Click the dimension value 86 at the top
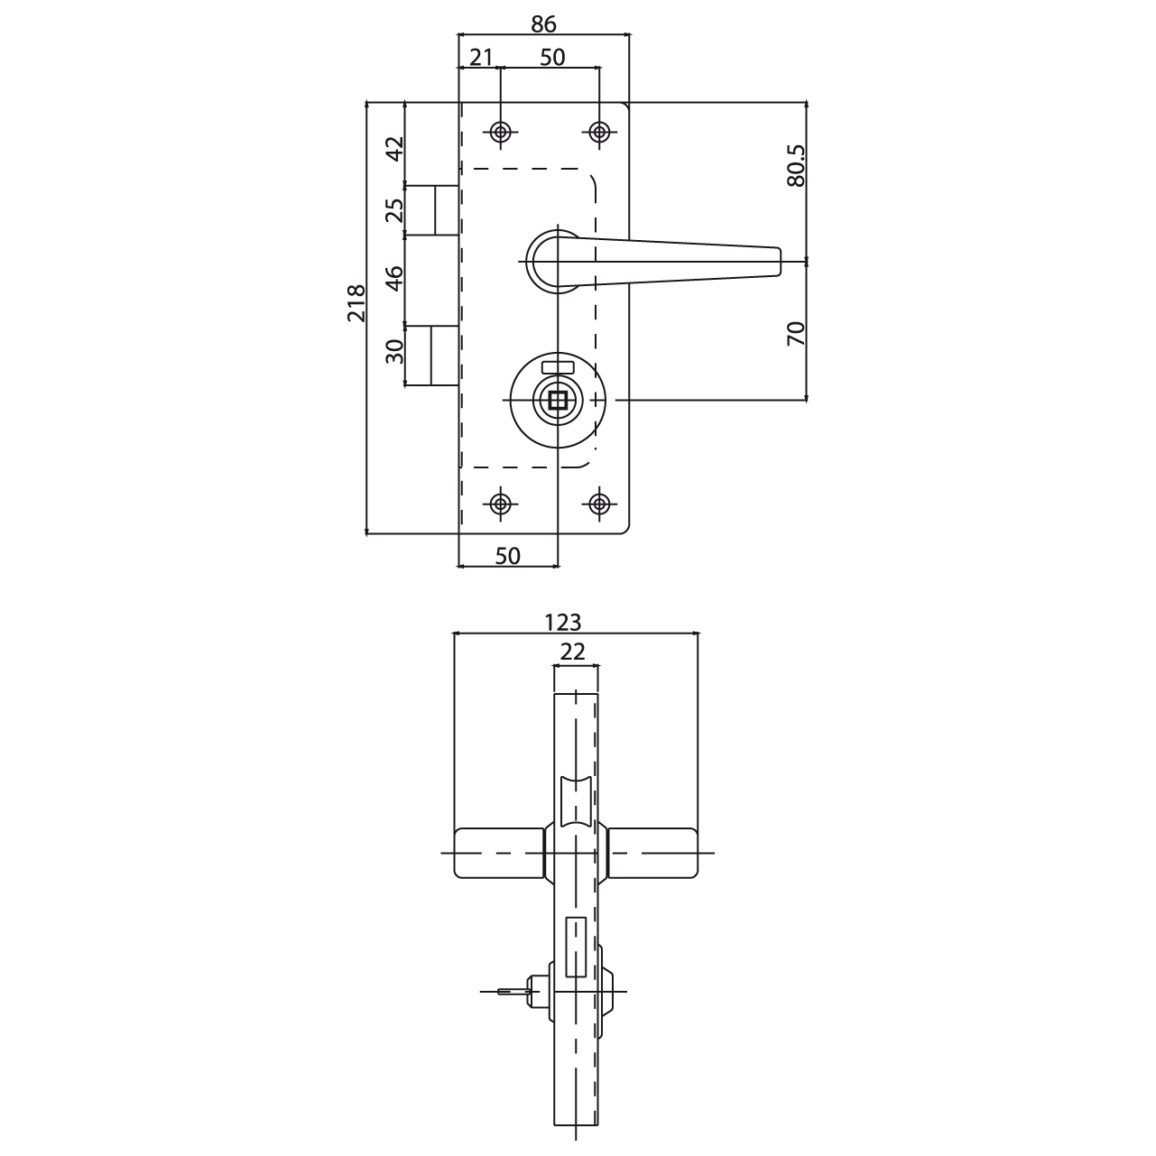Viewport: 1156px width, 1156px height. coord(543,24)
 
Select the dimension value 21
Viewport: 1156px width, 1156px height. coord(480,58)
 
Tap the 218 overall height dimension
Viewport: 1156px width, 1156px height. coord(356,303)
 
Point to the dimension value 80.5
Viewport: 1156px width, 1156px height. coord(796,165)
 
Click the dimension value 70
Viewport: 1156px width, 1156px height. coord(795,334)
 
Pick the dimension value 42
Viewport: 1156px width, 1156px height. coord(394,149)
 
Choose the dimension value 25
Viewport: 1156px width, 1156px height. coord(394,210)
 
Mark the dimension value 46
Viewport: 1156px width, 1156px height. coord(394,278)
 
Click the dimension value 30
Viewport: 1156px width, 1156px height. coord(394,352)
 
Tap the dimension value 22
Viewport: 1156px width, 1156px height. coord(572,652)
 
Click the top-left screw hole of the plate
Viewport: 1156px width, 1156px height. coord(500,132)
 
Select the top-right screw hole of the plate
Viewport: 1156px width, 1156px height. coord(599,132)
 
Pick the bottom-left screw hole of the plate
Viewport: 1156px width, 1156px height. coord(500,504)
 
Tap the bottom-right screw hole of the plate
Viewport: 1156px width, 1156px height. coord(599,504)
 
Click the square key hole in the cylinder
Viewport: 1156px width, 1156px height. coord(558,400)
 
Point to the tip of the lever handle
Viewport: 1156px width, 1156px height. coord(780,262)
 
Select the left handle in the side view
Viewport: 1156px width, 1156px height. coord(500,853)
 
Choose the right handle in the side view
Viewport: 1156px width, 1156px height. coord(652,853)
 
